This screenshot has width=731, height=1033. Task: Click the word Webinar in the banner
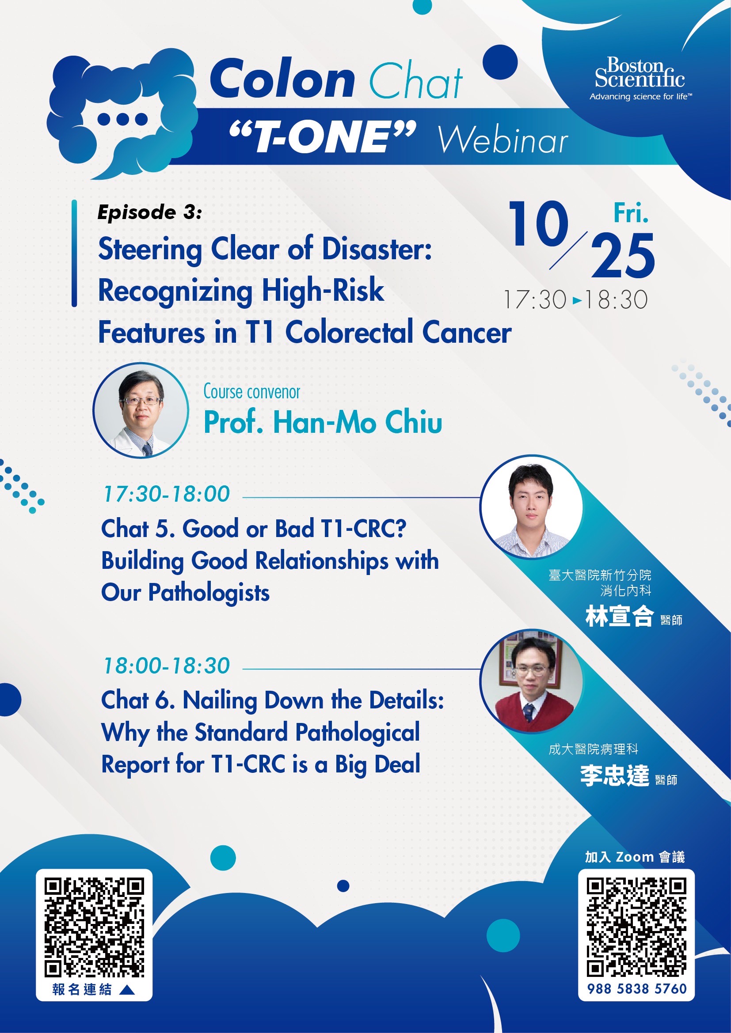pos(503,140)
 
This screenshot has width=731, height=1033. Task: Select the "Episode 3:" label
pos(150,212)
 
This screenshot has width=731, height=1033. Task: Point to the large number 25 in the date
pos(623,256)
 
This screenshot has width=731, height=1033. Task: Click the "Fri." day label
pos(631,213)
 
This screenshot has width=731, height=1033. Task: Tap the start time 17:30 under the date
pos(535,299)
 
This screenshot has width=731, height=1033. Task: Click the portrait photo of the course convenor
pos(141,410)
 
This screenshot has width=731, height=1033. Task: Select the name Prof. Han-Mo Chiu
pos(323,422)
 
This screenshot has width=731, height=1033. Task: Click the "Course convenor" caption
pos(251,392)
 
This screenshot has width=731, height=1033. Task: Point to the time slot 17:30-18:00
pos(167,494)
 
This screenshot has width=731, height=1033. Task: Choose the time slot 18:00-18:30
pos(167,666)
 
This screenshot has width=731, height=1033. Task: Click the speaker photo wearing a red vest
pos(531,680)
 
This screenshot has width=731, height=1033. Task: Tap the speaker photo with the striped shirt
pos(531,507)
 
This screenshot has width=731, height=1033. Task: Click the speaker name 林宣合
pos(619,616)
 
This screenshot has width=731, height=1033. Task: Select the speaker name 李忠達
pos(614,775)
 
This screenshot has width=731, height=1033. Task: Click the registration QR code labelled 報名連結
pos(94,928)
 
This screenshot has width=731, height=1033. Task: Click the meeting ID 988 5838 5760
pos(636,989)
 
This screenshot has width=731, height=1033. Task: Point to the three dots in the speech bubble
pos(122,119)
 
